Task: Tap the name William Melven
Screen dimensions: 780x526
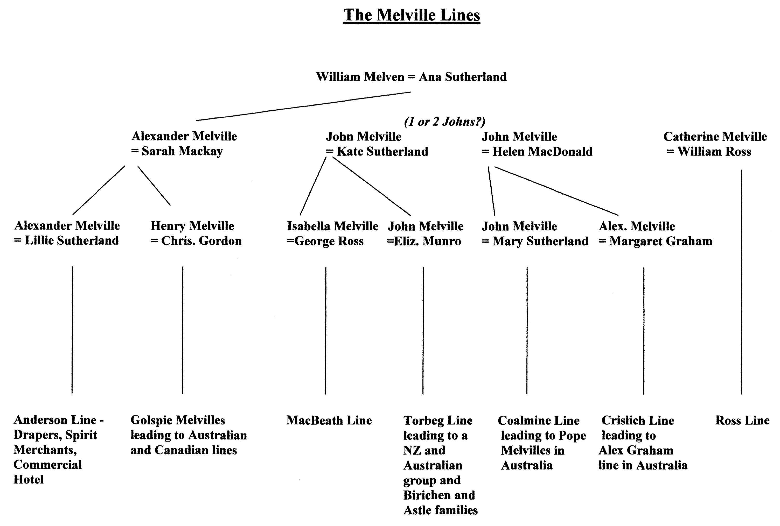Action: coord(360,77)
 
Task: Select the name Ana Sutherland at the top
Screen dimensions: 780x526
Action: coord(463,77)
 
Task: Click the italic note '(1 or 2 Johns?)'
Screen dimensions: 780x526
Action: coord(445,122)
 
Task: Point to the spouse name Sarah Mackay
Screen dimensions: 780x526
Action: coord(182,151)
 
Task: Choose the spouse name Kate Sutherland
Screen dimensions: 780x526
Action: coord(383,152)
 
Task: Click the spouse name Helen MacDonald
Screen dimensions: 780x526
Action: coord(542,152)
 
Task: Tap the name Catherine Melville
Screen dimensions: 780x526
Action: coord(715,137)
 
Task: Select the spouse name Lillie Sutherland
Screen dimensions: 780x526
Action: coord(72,240)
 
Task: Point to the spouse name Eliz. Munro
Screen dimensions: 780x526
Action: coord(428,241)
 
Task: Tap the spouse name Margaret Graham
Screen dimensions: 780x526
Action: coord(661,241)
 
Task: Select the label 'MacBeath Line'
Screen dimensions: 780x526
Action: coord(329,420)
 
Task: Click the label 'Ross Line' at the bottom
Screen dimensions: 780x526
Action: coord(742,420)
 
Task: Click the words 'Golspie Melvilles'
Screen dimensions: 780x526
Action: coord(178,420)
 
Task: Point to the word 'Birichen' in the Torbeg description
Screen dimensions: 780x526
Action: coord(427,495)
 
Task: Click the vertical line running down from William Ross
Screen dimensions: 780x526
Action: coord(741,282)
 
